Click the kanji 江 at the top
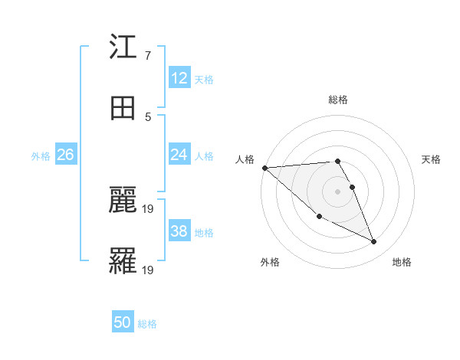123,47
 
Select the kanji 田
123,108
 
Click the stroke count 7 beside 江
147,56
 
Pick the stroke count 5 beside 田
147,116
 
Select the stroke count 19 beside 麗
149,208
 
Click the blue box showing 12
179,78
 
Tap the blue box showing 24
179,155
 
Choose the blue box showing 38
179,231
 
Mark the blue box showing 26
65,155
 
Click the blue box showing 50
123,322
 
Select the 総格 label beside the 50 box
147,324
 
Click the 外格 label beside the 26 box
41,156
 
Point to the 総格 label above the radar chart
338,100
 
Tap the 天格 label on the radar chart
432,159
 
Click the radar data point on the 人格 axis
264,168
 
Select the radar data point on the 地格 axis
374,242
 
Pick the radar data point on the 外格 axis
319,217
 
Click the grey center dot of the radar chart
337,191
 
